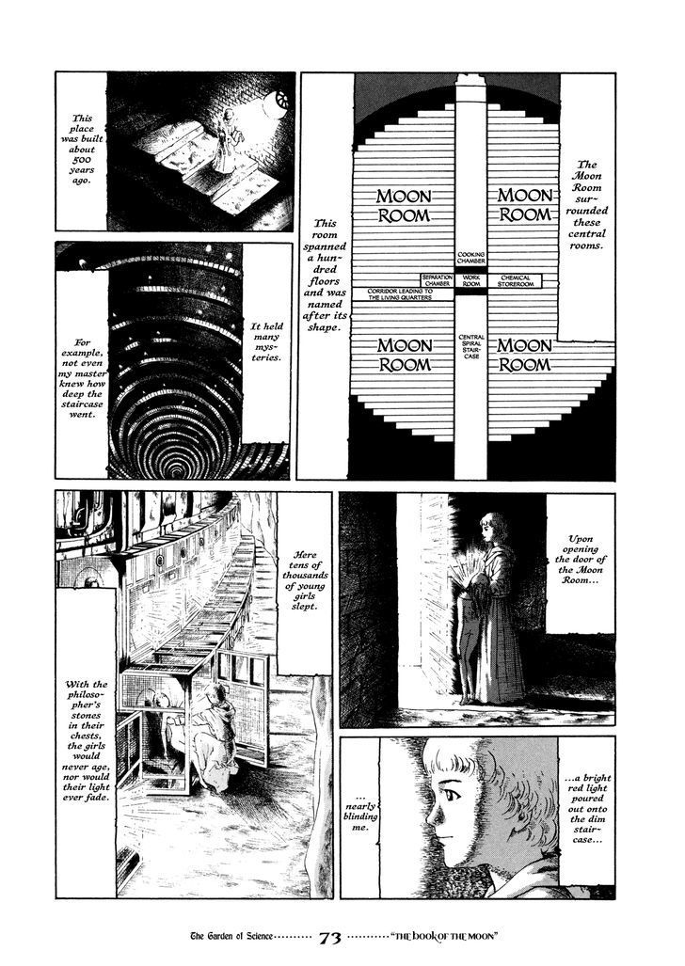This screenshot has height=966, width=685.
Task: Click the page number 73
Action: click(331, 939)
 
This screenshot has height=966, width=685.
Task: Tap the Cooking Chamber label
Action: click(471, 258)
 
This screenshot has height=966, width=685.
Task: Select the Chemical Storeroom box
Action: click(516, 281)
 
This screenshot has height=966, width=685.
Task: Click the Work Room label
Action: click(471, 281)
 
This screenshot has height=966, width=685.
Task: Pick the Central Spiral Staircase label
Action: click(471, 347)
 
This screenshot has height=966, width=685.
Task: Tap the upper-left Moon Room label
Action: click(404, 206)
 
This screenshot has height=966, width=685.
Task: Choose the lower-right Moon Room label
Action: click(524, 356)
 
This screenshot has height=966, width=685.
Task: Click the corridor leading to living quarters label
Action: click(400, 293)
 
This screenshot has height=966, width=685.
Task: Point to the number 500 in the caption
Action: click(82, 160)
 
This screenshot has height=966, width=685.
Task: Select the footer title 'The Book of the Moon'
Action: click(444, 938)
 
